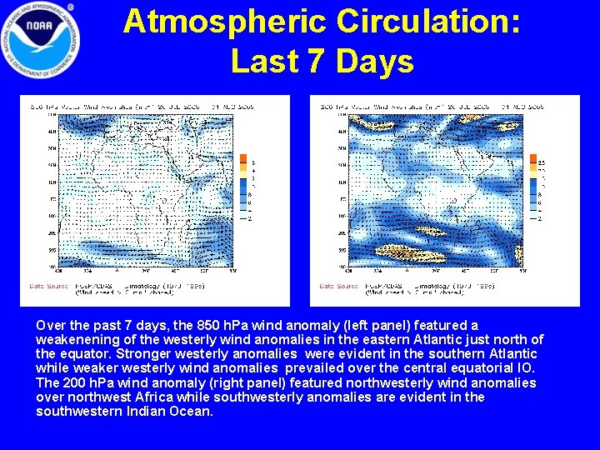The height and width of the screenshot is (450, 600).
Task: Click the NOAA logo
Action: click(42, 38)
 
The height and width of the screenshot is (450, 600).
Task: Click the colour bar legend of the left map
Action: click(243, 187)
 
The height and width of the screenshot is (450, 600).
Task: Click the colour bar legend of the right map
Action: click(534, 187)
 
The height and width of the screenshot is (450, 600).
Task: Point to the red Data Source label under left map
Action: click(49, 285)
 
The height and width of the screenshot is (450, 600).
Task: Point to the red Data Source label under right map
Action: click(338, 285)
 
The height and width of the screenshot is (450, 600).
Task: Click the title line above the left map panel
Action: click(142, 107)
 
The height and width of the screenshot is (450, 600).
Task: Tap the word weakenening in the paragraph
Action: click(75, 339)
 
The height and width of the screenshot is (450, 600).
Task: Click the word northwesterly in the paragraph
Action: click(365, 382)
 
